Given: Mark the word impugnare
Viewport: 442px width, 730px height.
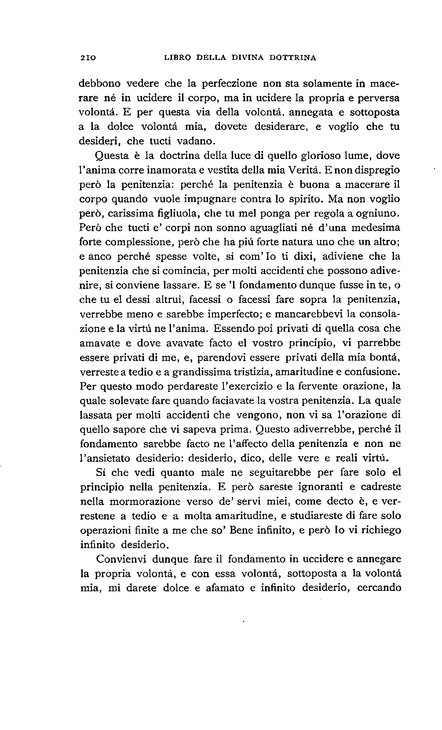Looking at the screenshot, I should coord(211,199).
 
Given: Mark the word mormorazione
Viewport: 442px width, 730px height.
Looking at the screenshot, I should coord(144,501).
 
